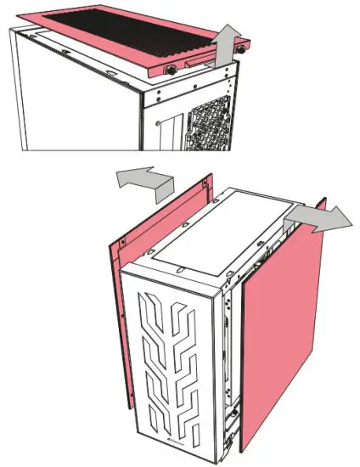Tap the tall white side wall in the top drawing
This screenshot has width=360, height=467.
(68, 93)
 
